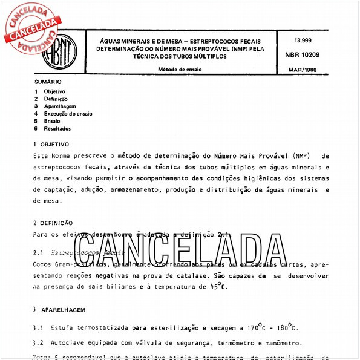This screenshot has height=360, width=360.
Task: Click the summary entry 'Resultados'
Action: tap(57, 128)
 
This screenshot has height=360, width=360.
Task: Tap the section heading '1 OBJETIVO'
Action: tap(51, 145)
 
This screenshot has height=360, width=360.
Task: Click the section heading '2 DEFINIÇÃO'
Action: tap(53, 223)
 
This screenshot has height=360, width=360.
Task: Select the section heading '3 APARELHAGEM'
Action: tap(57, 309)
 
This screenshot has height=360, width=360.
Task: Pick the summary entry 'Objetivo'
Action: tap(54, 91)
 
